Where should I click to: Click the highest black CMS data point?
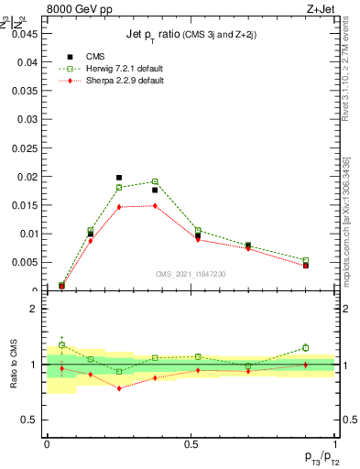pyautogui.click(x=119, y=178)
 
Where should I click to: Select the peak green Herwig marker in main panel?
pyautogui.click(x=155, y=181)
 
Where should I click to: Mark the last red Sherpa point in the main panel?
pyautogui.click(x=305, y=266)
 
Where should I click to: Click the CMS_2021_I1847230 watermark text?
pyautogui.click(x=191, y=274)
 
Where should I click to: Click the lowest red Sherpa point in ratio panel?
pyautogui.click(x=119, y=388)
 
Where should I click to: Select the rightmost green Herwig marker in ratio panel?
pyautogui.click(x=305, y=347)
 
